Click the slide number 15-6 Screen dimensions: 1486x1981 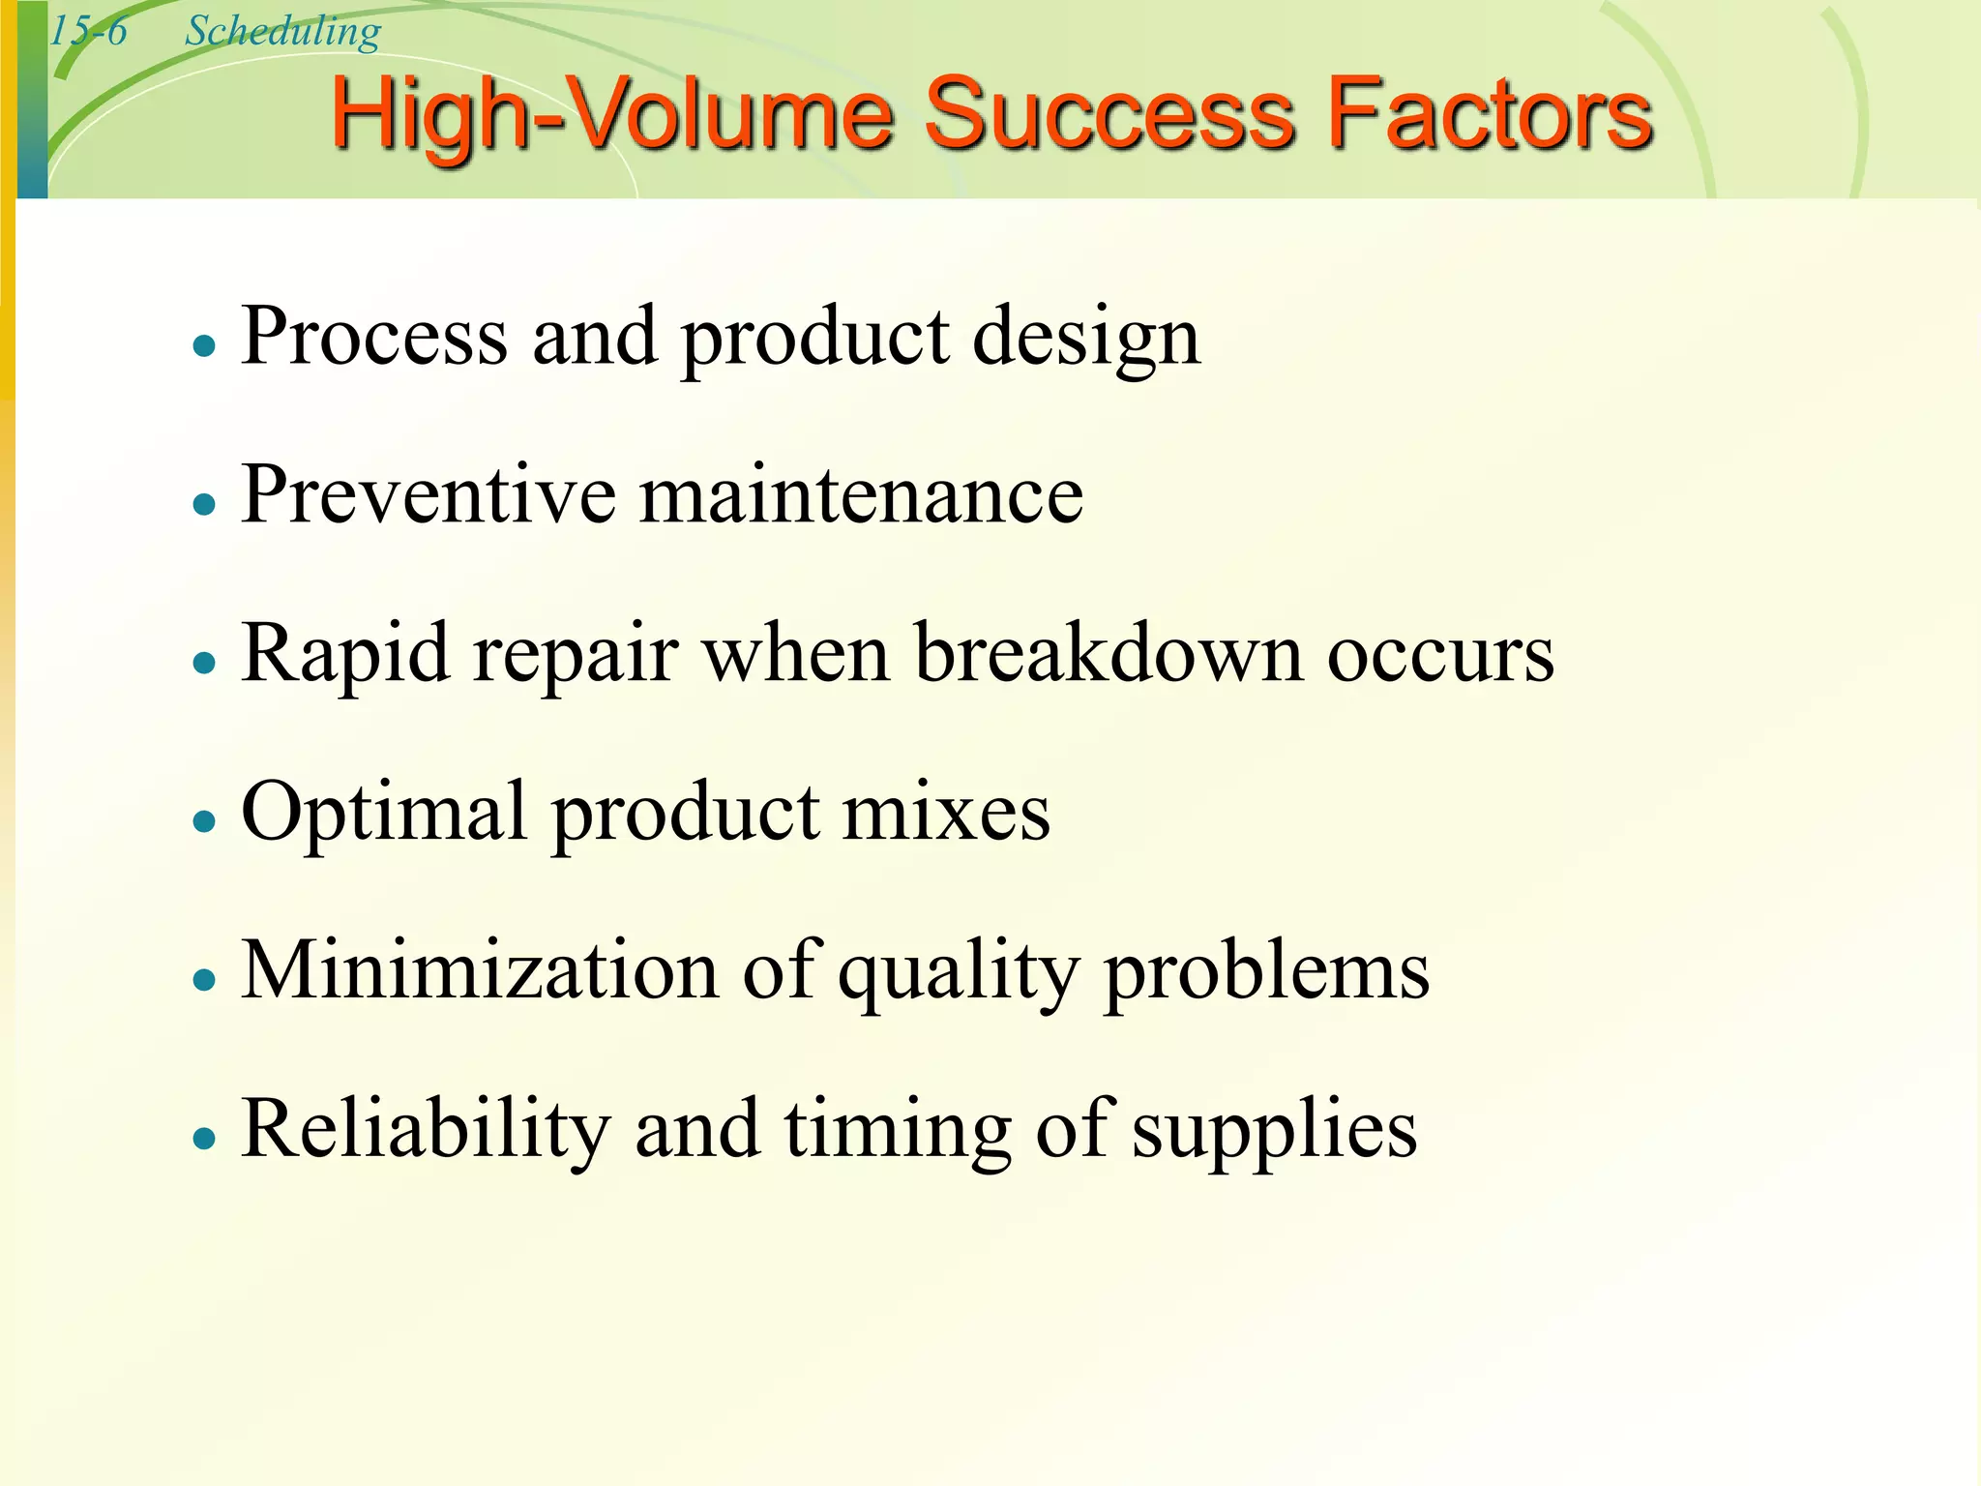(88, 31)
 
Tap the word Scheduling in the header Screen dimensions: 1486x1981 (282, 33)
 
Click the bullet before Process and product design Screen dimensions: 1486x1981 (203, 345)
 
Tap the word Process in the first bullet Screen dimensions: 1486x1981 (374, 336)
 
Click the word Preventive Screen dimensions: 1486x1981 (428, 494)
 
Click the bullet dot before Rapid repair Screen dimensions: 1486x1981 (203, 663)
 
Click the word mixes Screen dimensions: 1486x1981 (946, 812)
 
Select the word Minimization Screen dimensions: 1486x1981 (480, 969)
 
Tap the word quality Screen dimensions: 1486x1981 (958, 973)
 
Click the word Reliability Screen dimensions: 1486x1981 (426, 1128)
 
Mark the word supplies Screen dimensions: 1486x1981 (1274, 1132)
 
